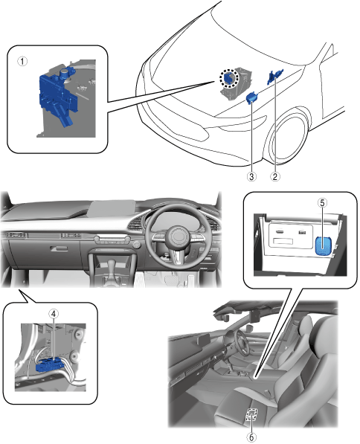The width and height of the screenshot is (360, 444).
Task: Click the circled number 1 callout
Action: (x=22, y=61)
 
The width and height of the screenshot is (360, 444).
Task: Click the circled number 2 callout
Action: (x=274, y=176)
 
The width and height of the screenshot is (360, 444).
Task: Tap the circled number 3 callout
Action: (x=251, y=176)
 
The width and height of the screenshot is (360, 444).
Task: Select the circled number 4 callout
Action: (x=54, y=313)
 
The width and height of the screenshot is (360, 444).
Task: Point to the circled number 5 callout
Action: (x=322, y=203)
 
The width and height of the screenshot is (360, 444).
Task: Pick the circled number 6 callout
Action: (x=251, y=437)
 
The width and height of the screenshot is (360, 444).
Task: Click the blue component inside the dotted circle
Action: (x=229, y=78)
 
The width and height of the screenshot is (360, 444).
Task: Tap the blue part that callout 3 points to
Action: (x=251, y=97)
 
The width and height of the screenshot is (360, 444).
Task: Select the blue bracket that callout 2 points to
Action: (x=274, y=76)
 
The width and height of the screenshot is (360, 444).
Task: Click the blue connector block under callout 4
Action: (x=51, y=365)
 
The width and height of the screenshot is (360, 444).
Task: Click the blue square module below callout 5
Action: (x=324, y=245)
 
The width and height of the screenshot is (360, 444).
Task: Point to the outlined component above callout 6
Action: (x=251, y=415)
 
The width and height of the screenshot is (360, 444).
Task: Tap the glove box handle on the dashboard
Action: (x=59, y=248)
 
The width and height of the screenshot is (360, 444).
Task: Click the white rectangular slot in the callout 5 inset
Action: (x=283, y=241)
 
